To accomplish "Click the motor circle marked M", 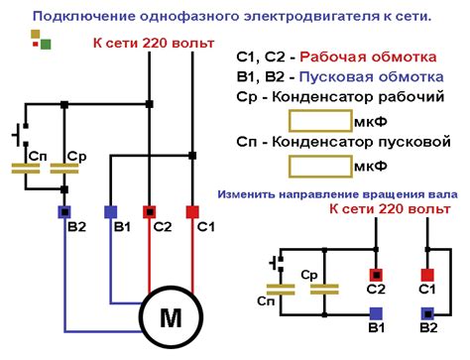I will [x=171, y=316].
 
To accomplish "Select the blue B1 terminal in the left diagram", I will [x=110, y=211].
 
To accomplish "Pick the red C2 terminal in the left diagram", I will [x=150, y=211].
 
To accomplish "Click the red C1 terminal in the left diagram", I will [x=192, y=211].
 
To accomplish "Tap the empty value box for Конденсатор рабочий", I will [x=319, y=122].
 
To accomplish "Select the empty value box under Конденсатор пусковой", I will [x=319, y=164].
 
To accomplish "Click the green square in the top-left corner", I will [x=46, y=45].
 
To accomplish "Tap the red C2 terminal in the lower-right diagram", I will [x=376, y=275].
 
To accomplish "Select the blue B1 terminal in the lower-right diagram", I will [x=376, y=312].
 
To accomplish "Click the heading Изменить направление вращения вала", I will [x=337, y=194].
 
